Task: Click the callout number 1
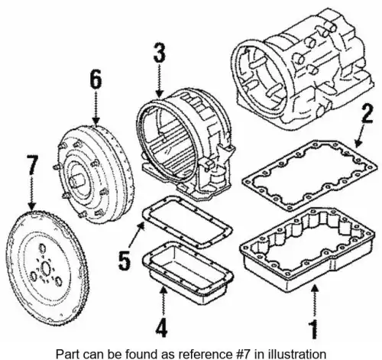coord(314,329)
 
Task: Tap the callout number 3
coord(159,53)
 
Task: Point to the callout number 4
coord(162,328)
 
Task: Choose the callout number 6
coord(95,79)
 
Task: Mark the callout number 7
coord(32,165)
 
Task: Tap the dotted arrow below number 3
coord(159,81)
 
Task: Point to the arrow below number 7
coord(32,193)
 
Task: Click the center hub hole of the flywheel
coord(46,268)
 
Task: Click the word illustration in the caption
coord(299,354)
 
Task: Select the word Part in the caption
coord(66,354)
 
